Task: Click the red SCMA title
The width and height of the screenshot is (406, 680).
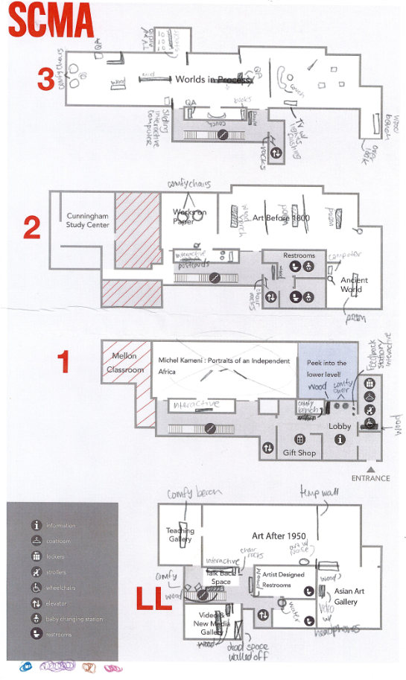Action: pyautogui.click(x=50, y=20)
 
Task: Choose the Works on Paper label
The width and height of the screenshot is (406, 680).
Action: pyautogui.click(x=189, y=216)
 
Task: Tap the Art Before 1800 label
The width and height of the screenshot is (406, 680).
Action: pyautogui.click(x=281, y=217)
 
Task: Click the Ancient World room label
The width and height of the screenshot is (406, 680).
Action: pyautogui.click(x=354, y=285)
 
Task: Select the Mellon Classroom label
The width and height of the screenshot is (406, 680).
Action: pyautogui.click(x=124, y=363)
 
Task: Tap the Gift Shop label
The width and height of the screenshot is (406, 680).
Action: pyautogui.click(x=299, y=452)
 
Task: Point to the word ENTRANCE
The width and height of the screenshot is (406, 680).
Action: pyautogui.click(x=370, y=478)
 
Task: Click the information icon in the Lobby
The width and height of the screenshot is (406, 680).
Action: pyautogui.click(x=340, y=440)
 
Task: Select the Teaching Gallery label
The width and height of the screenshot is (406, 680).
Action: pyautogui.click(x=180, y=535)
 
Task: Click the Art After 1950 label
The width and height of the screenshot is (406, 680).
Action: pyautogui.click(x=279, y=535)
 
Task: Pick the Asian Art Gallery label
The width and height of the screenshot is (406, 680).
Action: pyautogui.click(x=346, y=596)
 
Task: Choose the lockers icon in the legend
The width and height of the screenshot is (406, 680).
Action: pyautogui.click(x=36, y=556)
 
